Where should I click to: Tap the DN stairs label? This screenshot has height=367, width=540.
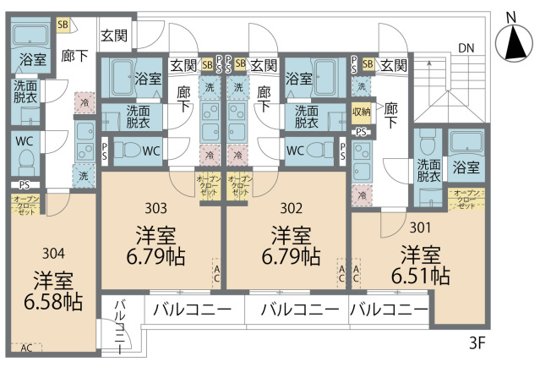pos(466,47)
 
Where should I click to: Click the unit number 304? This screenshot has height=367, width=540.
pos(52,251)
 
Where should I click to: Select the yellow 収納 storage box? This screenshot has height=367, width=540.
pos(362,112)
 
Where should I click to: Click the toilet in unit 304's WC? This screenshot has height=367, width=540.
pos(25,160)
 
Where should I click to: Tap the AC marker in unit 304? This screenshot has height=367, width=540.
pos(25,348)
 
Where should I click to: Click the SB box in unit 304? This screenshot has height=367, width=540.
pos(63,25)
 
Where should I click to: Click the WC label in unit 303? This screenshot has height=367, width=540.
pos(151,151)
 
